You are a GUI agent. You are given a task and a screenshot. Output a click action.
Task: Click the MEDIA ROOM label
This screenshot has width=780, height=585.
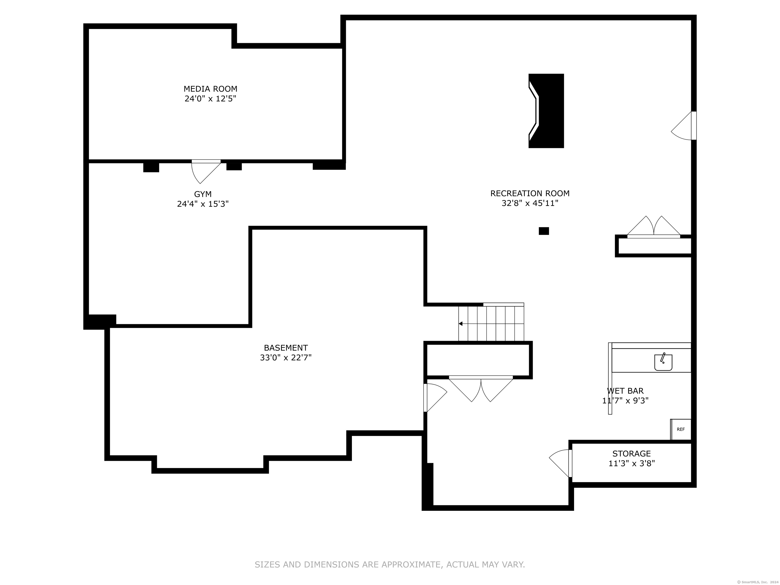coord(210,89)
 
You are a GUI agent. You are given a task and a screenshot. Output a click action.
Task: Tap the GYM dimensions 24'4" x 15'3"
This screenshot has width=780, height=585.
coord(203,204)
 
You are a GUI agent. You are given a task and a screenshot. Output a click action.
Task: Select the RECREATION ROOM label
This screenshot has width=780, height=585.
coord(530,193)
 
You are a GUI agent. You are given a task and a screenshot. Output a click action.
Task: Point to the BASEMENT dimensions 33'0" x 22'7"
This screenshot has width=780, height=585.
coord(286,357)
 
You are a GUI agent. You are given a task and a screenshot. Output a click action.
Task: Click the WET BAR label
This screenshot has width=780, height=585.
coord(625,391)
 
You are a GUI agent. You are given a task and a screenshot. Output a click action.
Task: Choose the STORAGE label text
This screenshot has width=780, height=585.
coord(631,453)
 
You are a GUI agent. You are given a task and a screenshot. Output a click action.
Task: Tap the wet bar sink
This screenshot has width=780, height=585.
coord(663,362)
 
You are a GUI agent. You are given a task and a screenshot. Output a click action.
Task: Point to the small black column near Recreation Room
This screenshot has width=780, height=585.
coord(544,231)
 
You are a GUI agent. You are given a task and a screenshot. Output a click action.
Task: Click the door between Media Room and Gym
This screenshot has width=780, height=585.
coord(206,171)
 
